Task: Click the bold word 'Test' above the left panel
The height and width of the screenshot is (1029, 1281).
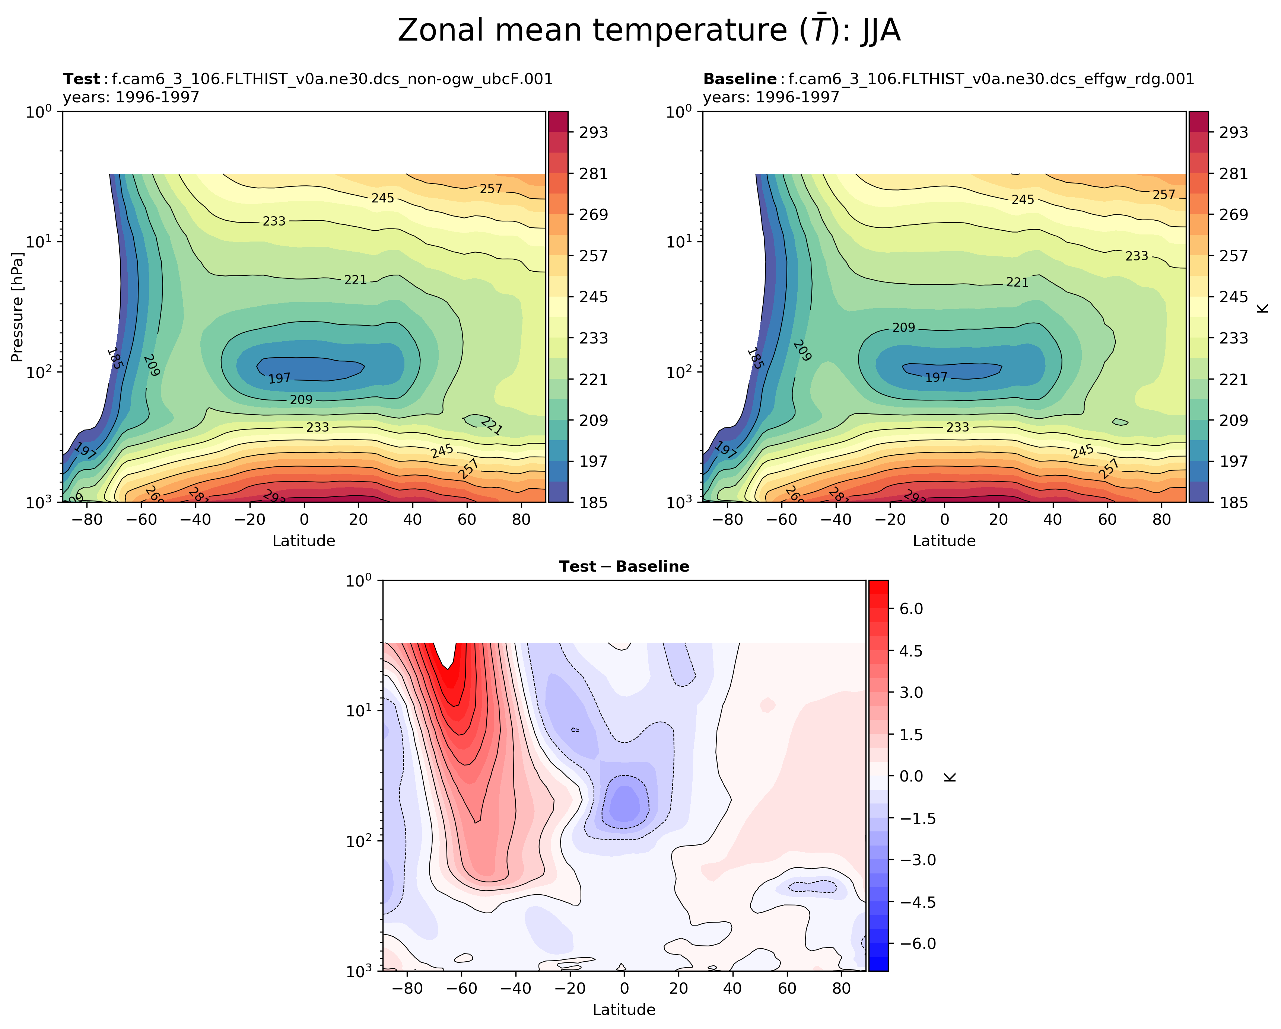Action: pos(82,79)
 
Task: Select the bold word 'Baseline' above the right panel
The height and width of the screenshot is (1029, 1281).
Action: pos(740,79)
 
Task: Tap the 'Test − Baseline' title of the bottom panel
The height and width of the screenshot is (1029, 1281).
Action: pos(624,566)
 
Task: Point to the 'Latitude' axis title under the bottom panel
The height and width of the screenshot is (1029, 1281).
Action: pos(624,1009)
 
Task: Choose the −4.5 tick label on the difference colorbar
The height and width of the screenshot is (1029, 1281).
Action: pos(918,902)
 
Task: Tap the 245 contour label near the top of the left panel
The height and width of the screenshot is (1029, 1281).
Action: pos(383,198)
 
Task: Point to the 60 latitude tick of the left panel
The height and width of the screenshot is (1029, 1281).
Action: pos(467,520)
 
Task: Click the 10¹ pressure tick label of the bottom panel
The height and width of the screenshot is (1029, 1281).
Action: pos(359,710)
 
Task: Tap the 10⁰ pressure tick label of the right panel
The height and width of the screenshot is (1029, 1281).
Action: pos(679,112)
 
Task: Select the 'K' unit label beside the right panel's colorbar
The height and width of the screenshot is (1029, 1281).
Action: pos(1263,307)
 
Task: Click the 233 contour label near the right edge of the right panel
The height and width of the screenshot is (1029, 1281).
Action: pos(1137,256)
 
